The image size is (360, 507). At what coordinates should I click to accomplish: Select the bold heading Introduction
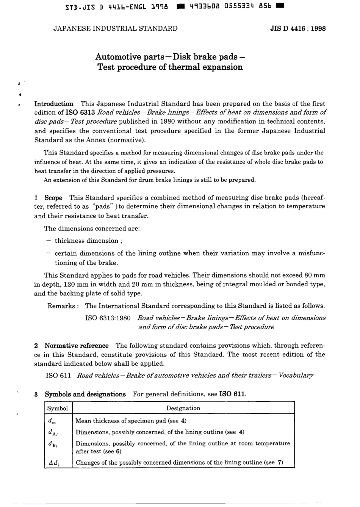click(54, 104)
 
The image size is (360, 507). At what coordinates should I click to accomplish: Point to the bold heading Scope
click(53, 198)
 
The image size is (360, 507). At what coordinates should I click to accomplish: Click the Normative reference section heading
click(76, 346)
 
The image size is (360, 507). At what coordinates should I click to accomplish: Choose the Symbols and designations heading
click(85, 394)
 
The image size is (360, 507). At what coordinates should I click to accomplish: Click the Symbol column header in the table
click(58, 408)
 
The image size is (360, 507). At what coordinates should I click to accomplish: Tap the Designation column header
click(183, 408)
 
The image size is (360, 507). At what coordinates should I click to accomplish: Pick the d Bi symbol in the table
click(53, 444)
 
